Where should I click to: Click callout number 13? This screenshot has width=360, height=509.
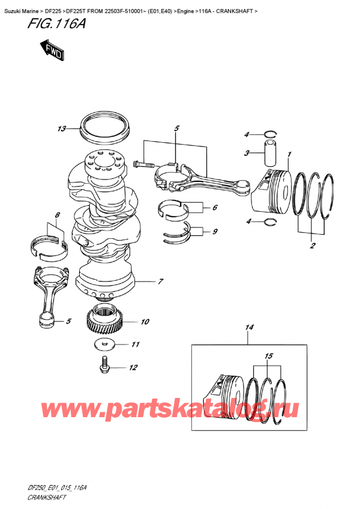pyautogui.click(x=62, y=128)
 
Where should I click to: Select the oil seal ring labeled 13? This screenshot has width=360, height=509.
pyautogui.click(x=105, y=127)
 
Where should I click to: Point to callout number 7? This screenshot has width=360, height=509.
pyautogui.click(x=161, y=281)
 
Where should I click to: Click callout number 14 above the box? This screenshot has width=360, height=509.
pyautogui.click(x=249, y=327)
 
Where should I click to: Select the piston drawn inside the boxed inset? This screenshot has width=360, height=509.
pyautogui.click(x=225, y=393)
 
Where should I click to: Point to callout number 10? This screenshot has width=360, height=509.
pyautogui.click(x=145, y=322)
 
